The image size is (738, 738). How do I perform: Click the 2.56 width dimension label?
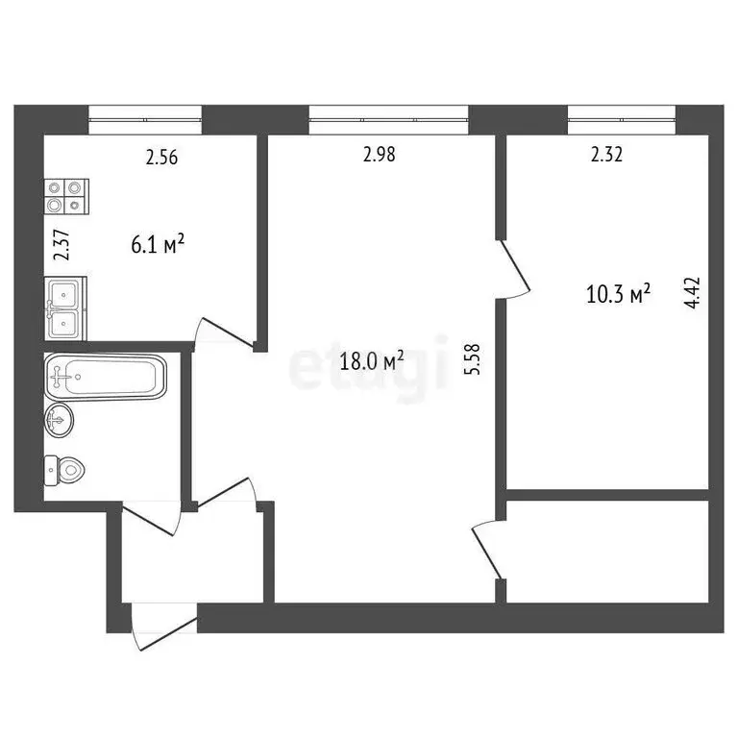[162, 159]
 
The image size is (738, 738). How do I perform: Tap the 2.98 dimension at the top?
[380, 153]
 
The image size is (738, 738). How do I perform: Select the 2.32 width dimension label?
[606, 154]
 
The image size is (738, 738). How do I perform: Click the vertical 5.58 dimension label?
[471, 359]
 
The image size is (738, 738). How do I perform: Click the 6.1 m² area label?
[157, 245]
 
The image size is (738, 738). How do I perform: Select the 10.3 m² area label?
[618, 293]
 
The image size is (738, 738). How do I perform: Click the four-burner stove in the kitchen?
[65, 196]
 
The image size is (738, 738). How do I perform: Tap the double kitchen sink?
[65, 307]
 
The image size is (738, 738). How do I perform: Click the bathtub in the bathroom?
[105, 377]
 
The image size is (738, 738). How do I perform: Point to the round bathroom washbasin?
[60, 419]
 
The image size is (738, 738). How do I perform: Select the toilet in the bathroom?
[67, 470]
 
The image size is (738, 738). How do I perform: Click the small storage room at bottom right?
[607, 551]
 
